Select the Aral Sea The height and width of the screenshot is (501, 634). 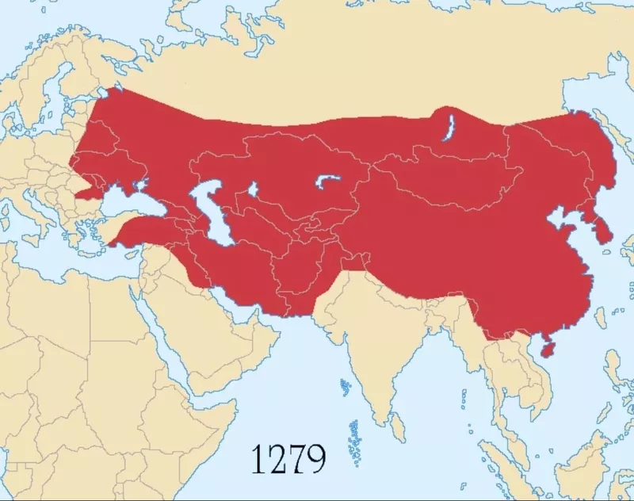pyautogui.click(x=253, y=190)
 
